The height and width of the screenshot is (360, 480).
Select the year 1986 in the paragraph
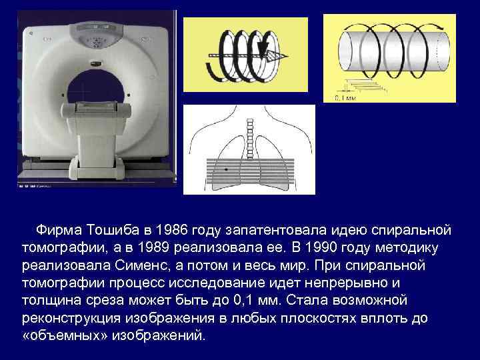pyautogui.click(x=169, y=230)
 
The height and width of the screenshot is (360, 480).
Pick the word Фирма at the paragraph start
pyautogui.click(x=59, y=230)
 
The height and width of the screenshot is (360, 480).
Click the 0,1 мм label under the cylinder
pyautogui.click(x=345, y=97)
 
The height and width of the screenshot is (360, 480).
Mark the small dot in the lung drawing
pyautogui.click(x=227, y=171)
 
